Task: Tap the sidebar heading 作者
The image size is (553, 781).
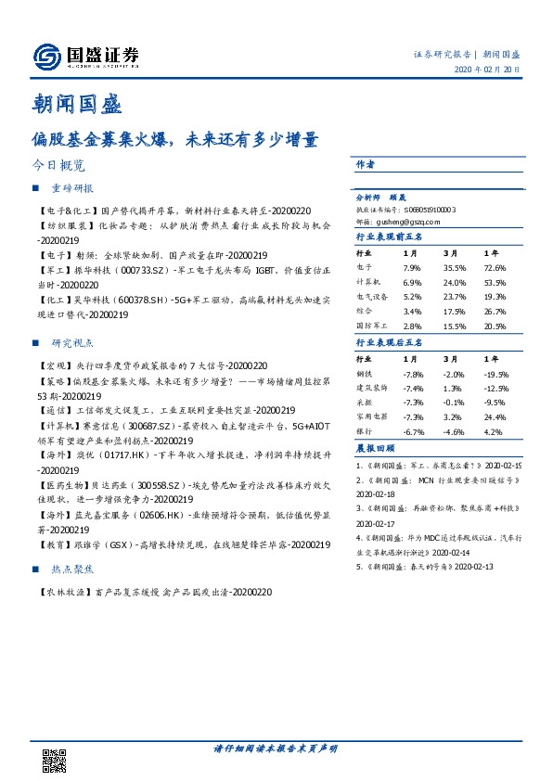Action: [x=365, y=165]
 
